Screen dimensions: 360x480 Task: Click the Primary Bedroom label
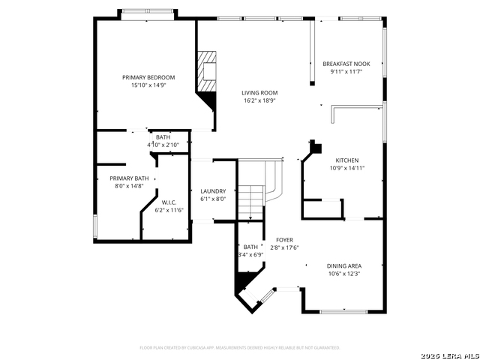(x=148, y=77)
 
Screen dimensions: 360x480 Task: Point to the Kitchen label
(x=346, y=160)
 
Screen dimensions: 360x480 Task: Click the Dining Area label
(x=344, y=265)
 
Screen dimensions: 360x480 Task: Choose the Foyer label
(x=284, y=239)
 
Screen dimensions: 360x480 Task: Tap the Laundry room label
(x=213, y=191)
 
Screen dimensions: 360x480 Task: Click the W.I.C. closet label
(x=168, y=202)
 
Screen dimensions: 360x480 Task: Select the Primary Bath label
(x=129, y=178)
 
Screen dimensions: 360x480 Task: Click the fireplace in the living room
(x=206, y=70)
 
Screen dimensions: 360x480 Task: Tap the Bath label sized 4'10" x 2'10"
(x=163, y=137)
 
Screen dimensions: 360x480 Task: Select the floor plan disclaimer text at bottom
(x=240, y=347)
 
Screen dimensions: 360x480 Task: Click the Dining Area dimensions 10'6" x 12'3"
(x=344, y=274)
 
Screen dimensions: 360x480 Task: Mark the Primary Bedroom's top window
(x=148, y=13)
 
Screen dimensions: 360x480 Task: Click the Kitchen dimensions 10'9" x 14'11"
(x=346, y=169)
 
